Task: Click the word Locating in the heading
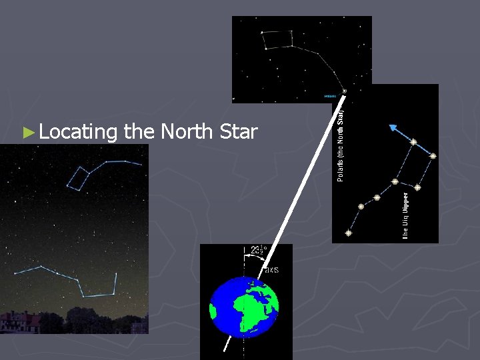[x=78, y=132]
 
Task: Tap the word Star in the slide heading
[x=237, y=132]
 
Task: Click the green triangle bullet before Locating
[x=27, y=133]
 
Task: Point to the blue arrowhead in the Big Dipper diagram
[x=393, y=129]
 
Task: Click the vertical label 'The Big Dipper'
[x=405, y=215]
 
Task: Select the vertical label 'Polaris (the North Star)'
[x=341, y=139]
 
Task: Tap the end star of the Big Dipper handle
[x=348, y=233]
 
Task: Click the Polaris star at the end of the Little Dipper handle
[x=345, y=91]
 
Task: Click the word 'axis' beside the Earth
[x=271, y=269]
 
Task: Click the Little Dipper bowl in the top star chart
[x=277, y=39]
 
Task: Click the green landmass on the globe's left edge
[x=214, y=311]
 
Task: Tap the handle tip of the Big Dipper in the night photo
[x=15, y=273]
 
